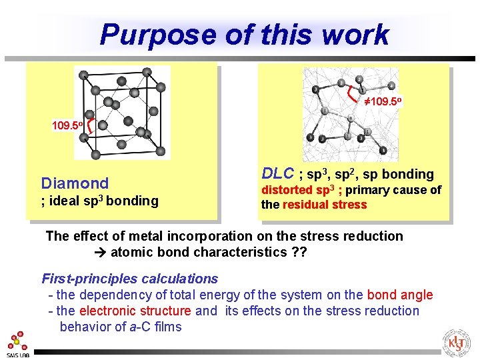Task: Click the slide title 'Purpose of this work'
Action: (x=244, y=35)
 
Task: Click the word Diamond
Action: (x=75, y=183)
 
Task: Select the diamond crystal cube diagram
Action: (x=121, y=112)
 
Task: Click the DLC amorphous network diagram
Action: (x=347, y=113)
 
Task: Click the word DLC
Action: (x=278, y=174)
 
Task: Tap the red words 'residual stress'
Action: (x=325, y=205)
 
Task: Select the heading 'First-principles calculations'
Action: (x=130, y=279)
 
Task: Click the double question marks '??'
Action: (x=299, y=253)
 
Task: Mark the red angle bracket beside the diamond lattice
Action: (x=90, y=125)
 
